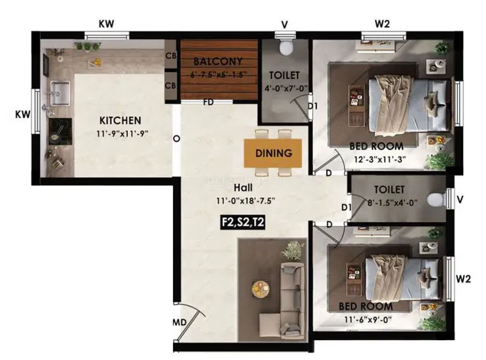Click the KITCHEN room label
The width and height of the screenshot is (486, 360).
click(x=120, y=120)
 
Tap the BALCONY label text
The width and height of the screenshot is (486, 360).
click(x=218, y=61)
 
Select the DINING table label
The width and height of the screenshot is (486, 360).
click(x=274, y=153)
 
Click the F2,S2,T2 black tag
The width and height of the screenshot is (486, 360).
click(x=243, y=222)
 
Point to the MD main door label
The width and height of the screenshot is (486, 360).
click(x=179, y=322)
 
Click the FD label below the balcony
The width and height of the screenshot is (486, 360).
click(x=209, y=102)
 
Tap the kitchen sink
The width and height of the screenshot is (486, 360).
click(x=60, y=93)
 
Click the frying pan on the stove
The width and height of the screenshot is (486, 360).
click(x=57, y=133)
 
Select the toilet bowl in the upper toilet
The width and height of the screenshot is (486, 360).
click(x=285, y=47)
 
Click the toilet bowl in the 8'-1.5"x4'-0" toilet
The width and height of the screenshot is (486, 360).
click(x=436, y=199)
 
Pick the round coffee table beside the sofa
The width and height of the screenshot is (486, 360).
click(x=260, y=289)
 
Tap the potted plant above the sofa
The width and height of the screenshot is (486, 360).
click(x=292, y=250)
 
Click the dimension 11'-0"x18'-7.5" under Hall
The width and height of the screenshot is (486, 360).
click(x=246, y=201)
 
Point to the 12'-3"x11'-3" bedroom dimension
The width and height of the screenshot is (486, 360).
click(x=380, y=159)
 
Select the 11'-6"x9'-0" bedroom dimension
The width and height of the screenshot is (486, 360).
click(x=367, y=319)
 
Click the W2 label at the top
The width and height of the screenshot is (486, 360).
click(x=382, y=24)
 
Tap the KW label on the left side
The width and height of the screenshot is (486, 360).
click(x=23, y=114)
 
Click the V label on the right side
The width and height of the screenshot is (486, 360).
click(x=460, y=200)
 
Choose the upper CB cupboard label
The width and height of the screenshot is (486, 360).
click(x=171, y=56)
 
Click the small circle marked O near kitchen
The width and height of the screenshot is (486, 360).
click(x=176, y=139)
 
